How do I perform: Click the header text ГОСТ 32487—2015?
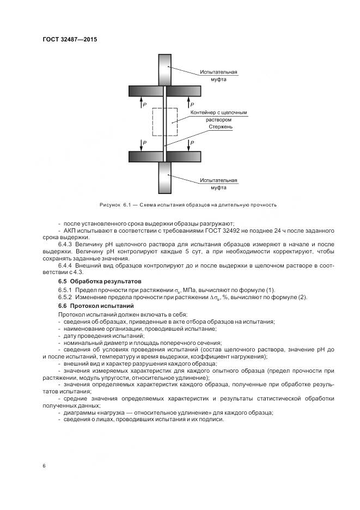[70, 39]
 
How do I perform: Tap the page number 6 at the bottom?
[44, 465]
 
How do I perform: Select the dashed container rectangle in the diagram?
[164, 122]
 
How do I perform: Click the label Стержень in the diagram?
[221, 127]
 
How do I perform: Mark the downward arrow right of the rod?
[188, 144]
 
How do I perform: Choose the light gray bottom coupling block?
[164, 178]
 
